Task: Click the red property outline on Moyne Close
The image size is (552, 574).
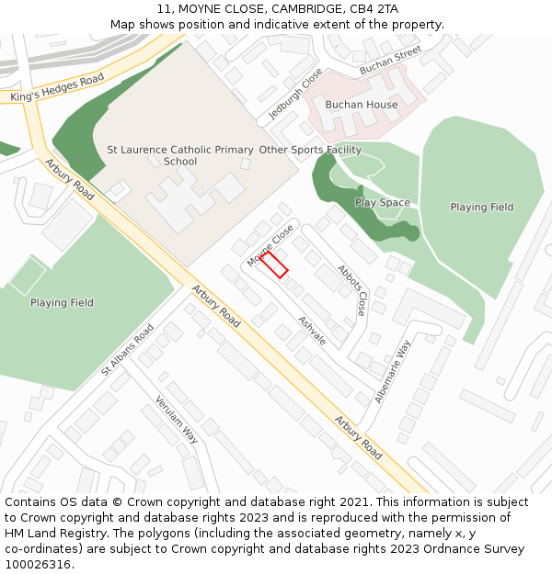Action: coord(274,264)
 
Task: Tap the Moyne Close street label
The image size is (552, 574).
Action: coord(270,245)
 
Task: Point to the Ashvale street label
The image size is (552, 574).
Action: coord(312,331)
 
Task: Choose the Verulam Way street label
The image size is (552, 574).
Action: coord(176,419)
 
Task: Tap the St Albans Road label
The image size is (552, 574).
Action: coord(128,350)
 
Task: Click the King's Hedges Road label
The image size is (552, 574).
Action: coord(58,88)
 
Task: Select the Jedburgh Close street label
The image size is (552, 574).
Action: coord(296,95)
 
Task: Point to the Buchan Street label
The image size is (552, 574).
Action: coord(390,60)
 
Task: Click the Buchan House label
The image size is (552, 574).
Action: coord(362,105)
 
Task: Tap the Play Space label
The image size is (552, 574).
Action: coord(383,203)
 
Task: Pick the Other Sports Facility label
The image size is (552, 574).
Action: coord(310,150)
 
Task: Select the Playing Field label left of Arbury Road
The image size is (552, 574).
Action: coord(62,302)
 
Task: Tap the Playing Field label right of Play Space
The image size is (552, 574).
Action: coord(481,208)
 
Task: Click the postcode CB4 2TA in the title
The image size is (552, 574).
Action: coord(374,9)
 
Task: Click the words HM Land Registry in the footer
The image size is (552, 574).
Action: coord(49,534)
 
